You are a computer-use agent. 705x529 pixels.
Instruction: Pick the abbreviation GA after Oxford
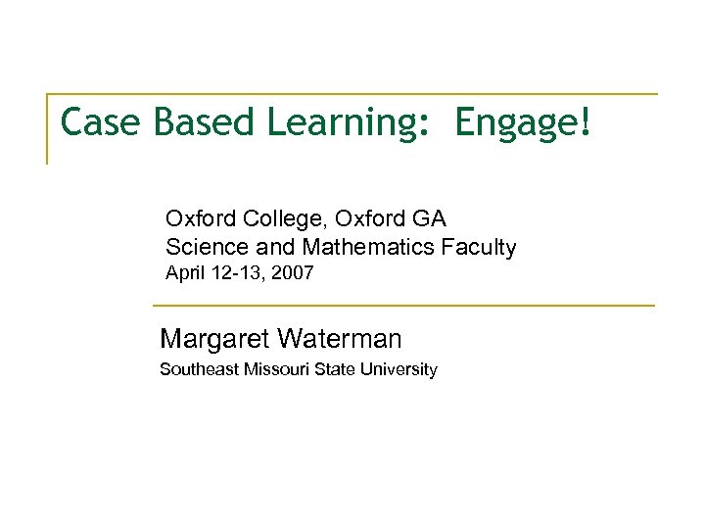pyautogui.click(x=430, y=218)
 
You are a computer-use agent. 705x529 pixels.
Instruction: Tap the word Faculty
pyautogui.click(x=479, y=248)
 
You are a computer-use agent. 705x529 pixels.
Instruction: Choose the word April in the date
pyautogui.click(x=184, y=274)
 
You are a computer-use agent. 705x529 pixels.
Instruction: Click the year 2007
pyautogui.click(x=293, y=274)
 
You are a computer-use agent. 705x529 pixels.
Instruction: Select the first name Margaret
pyautogui.click(x=214, y=340)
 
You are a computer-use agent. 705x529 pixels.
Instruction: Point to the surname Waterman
pyautogui.click(x=340, y=340)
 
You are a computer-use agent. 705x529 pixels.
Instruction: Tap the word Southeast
pyautogui.click(x=200, y=370)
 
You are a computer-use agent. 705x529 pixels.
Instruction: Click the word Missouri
pyautogui.click(x=277, y=370)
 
